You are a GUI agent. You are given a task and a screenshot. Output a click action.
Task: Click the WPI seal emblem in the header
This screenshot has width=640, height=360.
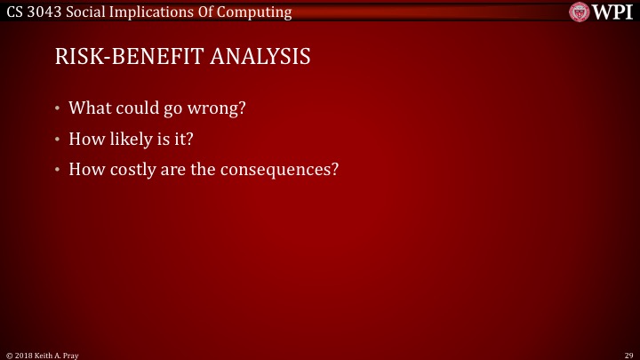pyautogui.click(x=580, y=12)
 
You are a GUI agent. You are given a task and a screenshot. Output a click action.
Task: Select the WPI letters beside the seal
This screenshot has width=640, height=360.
pyautogui.click(x=612, y=12)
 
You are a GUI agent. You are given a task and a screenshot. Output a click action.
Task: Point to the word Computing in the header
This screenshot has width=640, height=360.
pyautogui.click(x=258, y=12)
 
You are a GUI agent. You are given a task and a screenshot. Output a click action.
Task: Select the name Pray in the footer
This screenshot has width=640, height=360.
pyautogui.click(x=72, y=354)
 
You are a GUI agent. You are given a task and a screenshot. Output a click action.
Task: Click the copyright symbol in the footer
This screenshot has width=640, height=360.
pyautogui.click(x=9, y=354)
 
